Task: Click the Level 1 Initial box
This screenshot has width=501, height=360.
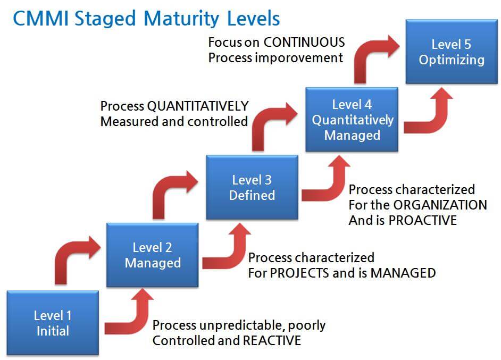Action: [52, 323]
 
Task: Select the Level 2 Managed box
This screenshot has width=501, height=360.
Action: [153, 255]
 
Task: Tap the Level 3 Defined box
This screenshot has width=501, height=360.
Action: [252, 188]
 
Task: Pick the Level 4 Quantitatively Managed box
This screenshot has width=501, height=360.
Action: [352, 120]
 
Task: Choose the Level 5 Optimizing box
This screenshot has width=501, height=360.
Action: [451, 52]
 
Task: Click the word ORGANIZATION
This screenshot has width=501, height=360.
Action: [437, 205]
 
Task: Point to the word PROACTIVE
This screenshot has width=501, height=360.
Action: [423, 220]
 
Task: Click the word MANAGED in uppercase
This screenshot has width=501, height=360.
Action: [403, 273]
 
